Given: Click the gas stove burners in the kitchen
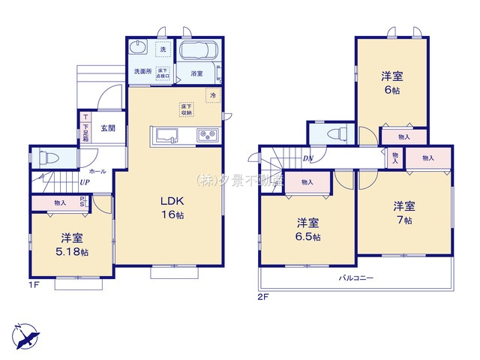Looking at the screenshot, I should pos(206,135).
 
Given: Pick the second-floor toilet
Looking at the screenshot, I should pos(334,133).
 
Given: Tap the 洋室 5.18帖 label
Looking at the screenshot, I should pos(73,244).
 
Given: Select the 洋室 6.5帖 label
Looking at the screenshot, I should pos(307,229).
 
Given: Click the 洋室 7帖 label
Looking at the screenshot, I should pos(405,212).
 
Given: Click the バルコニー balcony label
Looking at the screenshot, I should pos(355,277).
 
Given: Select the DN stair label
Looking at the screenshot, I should pos(307,159).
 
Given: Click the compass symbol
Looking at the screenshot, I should pos(25,334).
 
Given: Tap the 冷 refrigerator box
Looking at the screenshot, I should pos(213,96).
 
